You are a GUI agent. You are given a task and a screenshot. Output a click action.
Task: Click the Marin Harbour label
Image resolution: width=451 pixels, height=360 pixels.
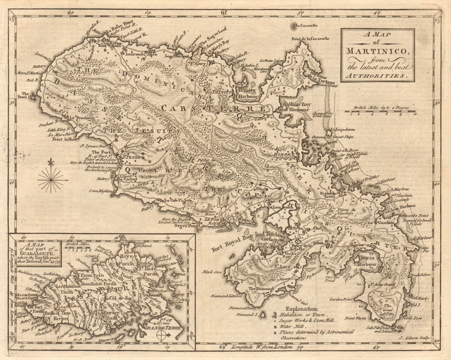367,261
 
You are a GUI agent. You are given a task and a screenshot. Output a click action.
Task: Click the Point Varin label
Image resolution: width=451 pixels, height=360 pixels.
355,318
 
